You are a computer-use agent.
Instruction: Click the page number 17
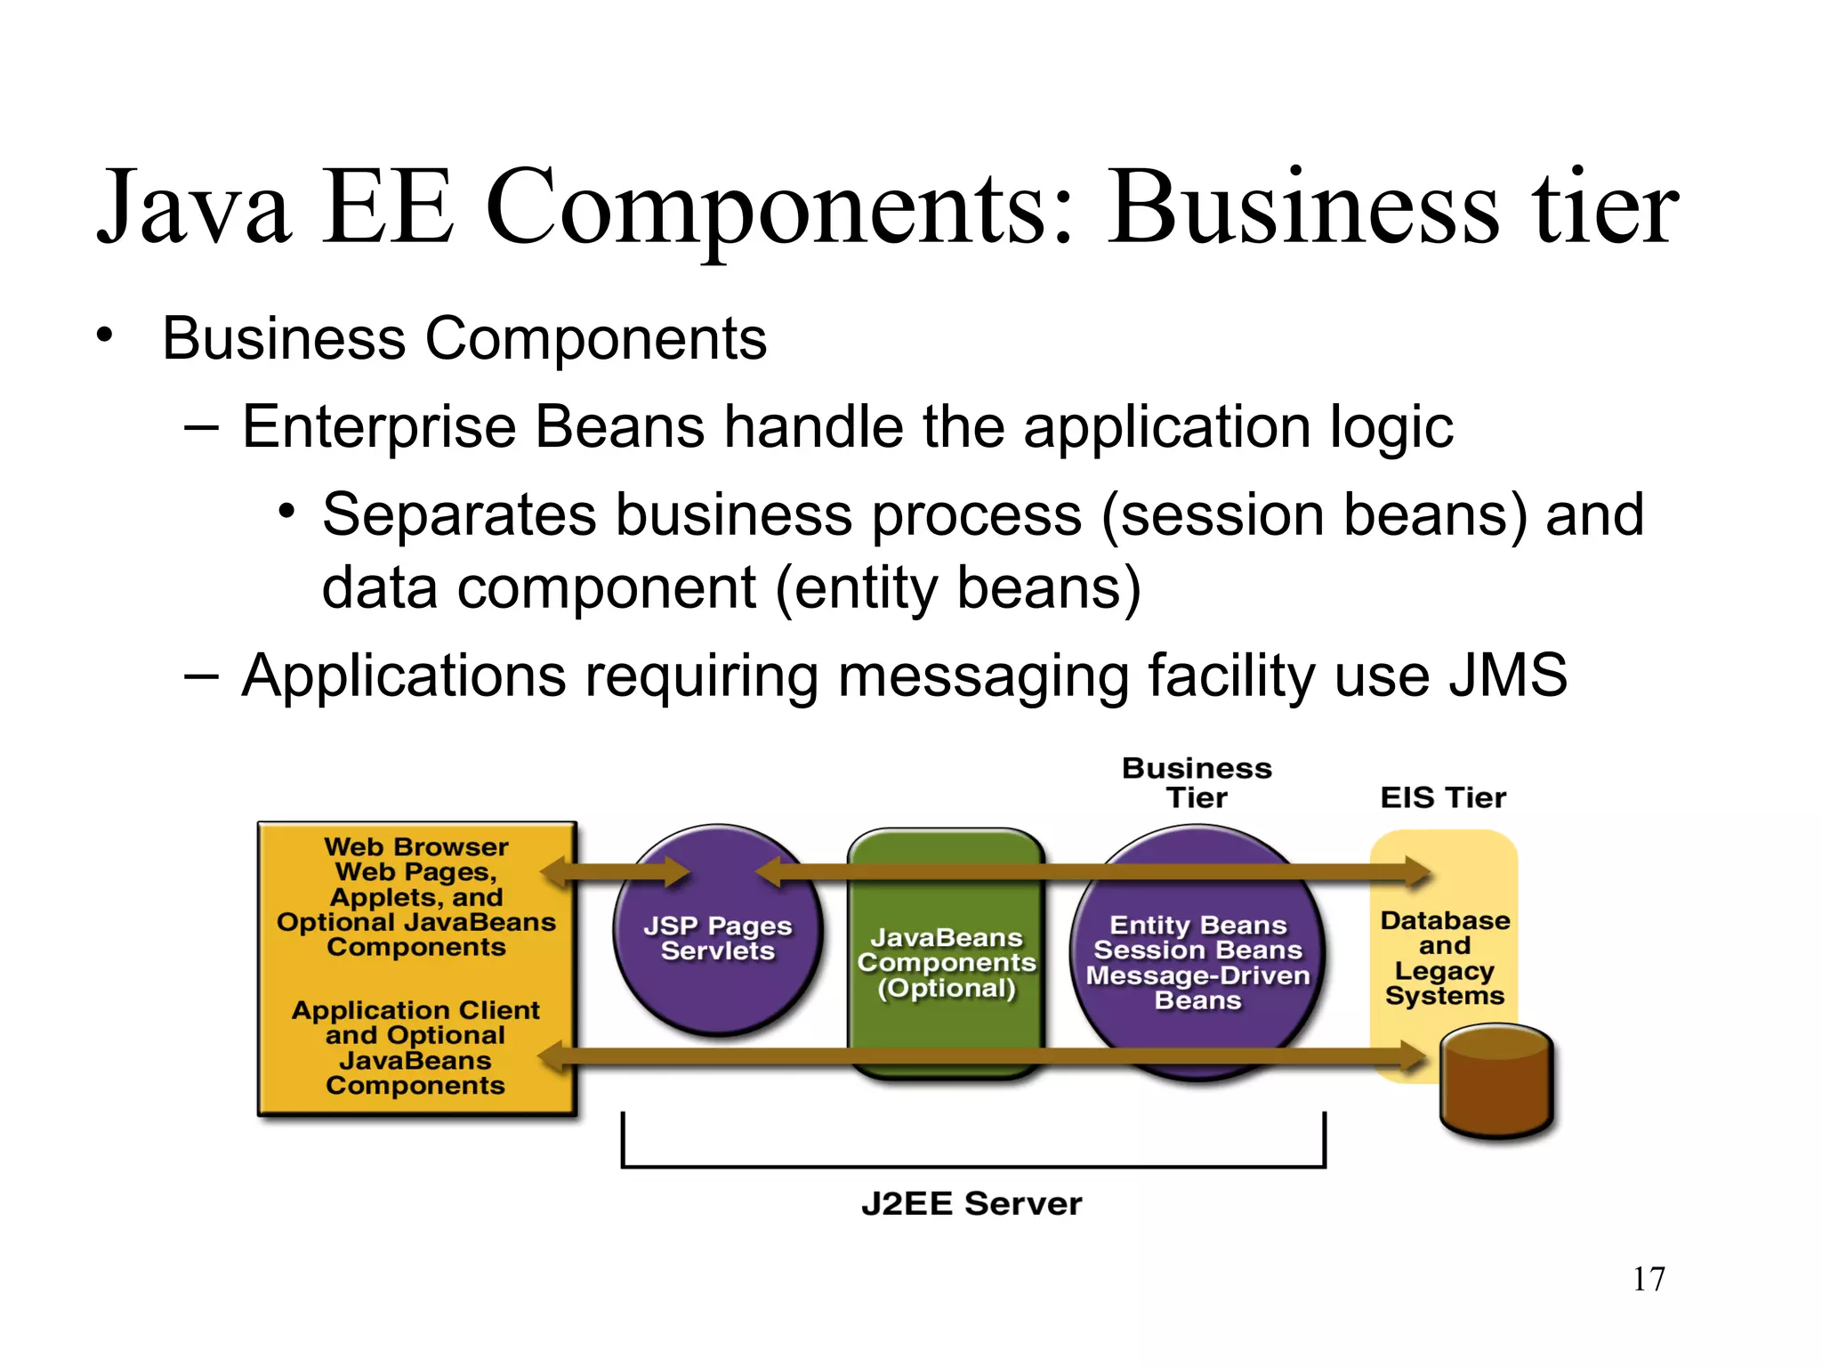point(1649,1279)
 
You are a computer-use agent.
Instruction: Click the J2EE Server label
point(971,1203)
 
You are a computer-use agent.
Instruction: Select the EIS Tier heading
point(1443,797)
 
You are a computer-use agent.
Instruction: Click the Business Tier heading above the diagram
point(1197,782)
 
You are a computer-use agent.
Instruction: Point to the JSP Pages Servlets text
point(718,938)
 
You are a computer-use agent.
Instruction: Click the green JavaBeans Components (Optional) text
point(947,962)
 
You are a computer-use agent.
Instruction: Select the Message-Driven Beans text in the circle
point(1197,988)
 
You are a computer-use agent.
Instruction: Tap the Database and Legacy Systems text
point(1445,958)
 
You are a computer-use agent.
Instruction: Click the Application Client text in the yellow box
point(415,1010)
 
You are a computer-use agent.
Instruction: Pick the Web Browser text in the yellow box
point(415,846)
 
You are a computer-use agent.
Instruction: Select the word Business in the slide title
point(1304,208)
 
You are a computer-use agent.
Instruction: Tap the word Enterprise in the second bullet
point(379,427)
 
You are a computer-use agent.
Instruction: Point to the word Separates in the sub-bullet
point(459,515)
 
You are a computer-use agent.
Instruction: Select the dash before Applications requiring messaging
point(201,676)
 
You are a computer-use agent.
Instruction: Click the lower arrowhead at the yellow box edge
point(553,1057)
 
